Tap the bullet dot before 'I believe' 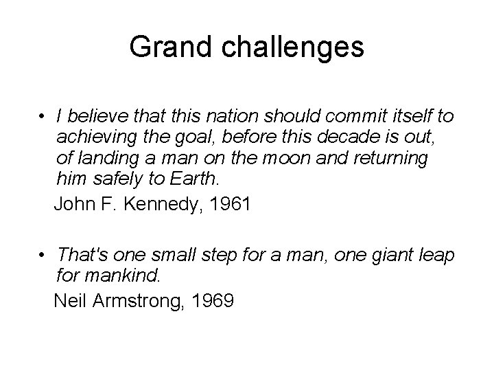(43, 115)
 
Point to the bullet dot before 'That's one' (43, 256)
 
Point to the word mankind (119, 277)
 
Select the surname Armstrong (148, 300)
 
